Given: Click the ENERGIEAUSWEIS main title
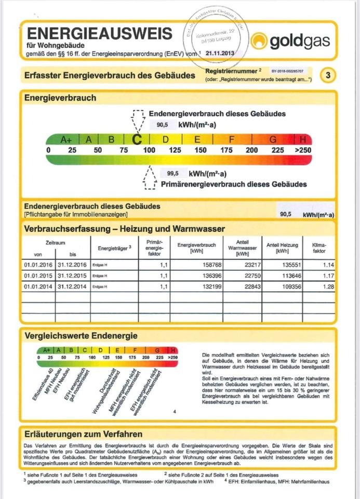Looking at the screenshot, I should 99,34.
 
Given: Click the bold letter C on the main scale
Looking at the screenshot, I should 137,139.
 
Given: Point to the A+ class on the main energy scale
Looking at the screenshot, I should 66,139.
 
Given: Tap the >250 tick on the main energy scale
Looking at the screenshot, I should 302,150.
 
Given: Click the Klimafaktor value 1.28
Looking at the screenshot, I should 326,286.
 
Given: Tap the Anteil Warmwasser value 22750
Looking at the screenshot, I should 242,275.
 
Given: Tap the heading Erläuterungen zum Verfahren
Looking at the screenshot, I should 84,434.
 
